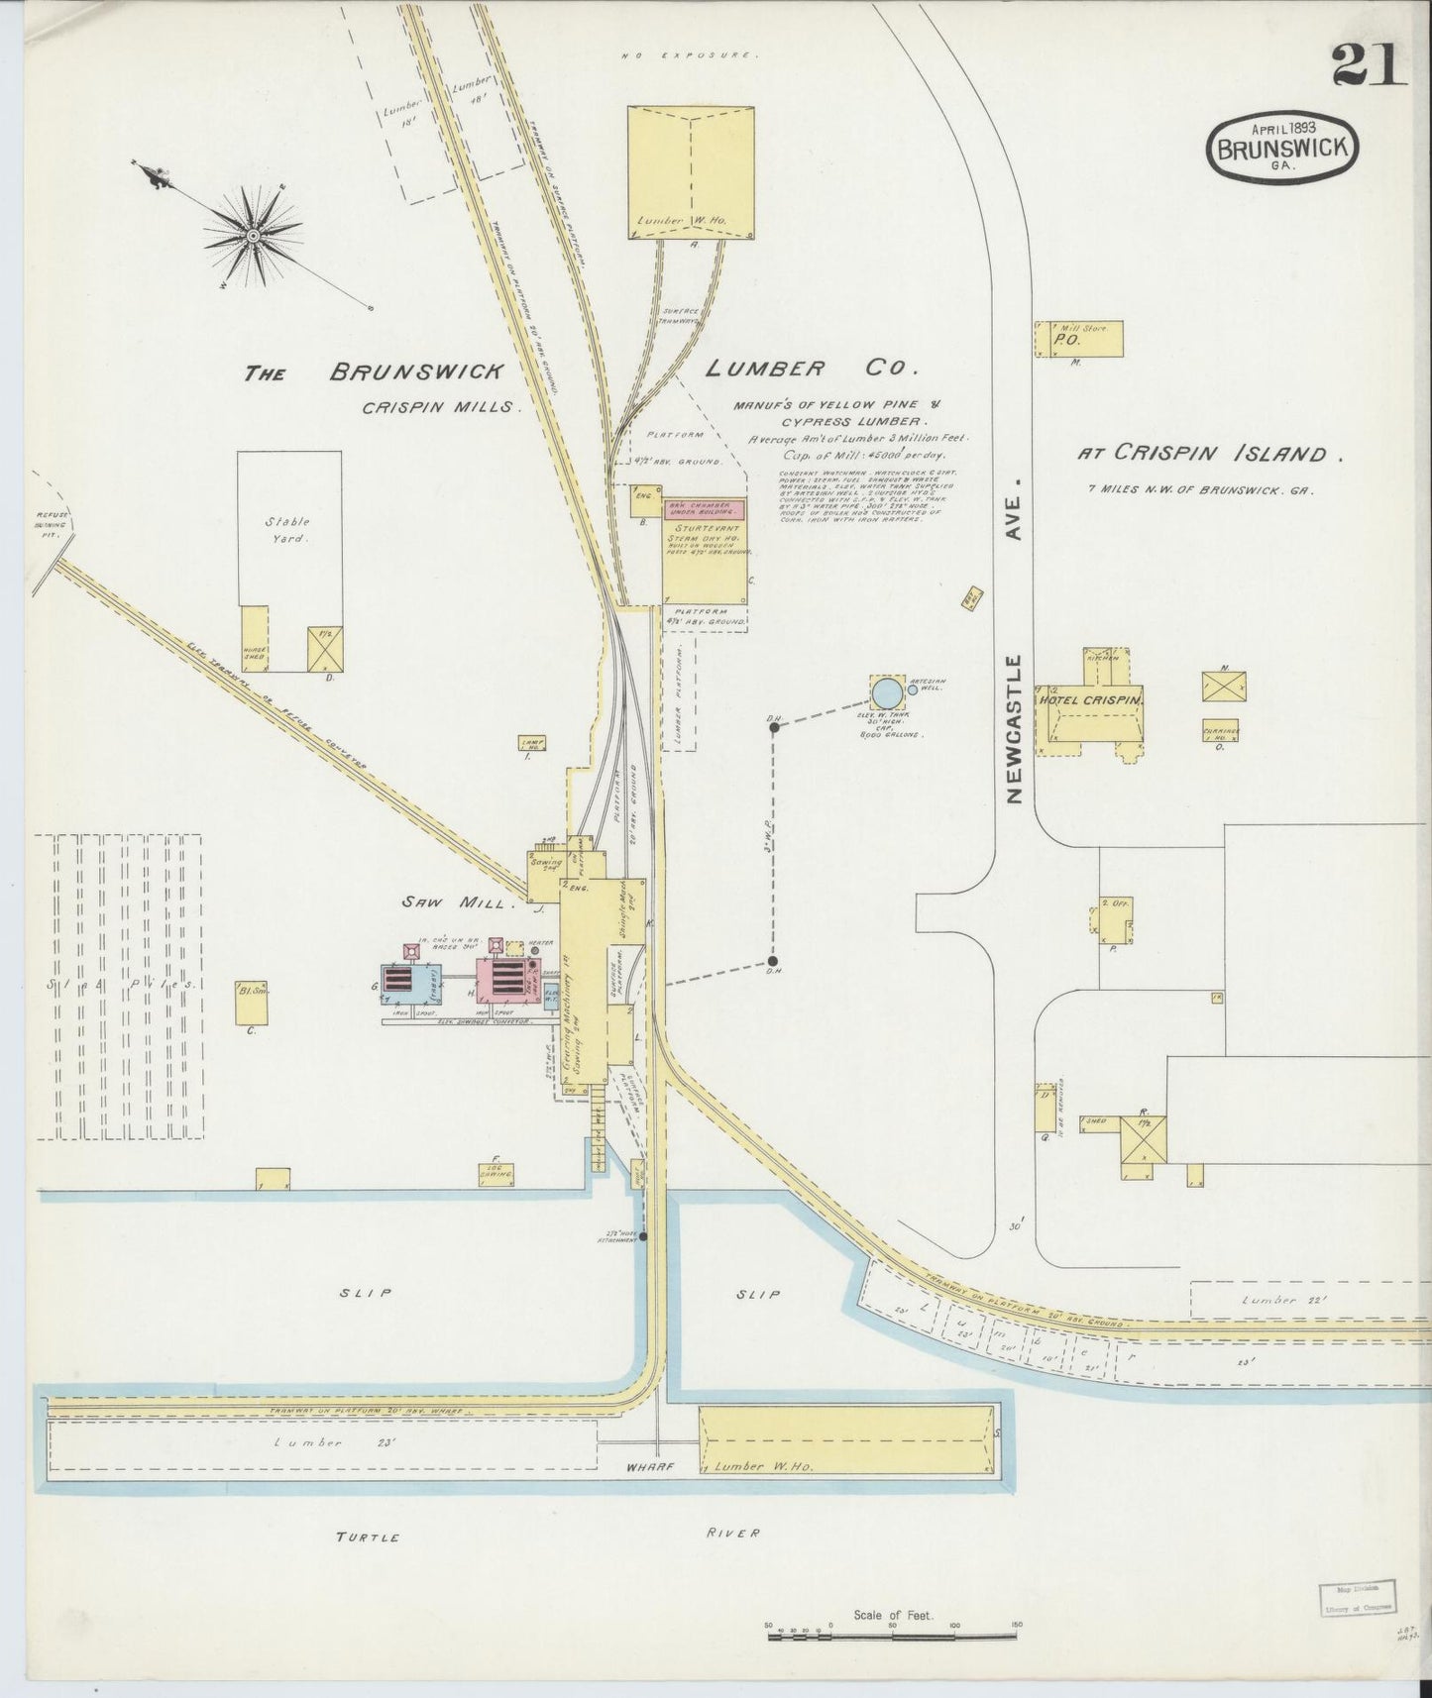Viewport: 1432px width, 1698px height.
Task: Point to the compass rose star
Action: pyautogui.click(x=253, y=236)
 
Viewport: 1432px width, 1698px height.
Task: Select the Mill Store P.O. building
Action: pyautogui.click(x=1078, y=339)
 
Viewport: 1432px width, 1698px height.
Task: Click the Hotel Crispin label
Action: pyautogui.click(x=1090, y=699)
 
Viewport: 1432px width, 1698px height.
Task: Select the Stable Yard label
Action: pyautogui.click(x=286, y=530)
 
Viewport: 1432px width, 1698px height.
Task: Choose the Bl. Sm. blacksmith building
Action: pyautogui.click(x=251, y=1003)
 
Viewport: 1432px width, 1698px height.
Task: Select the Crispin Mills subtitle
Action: pyautogui.click(x=440, y=407)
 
